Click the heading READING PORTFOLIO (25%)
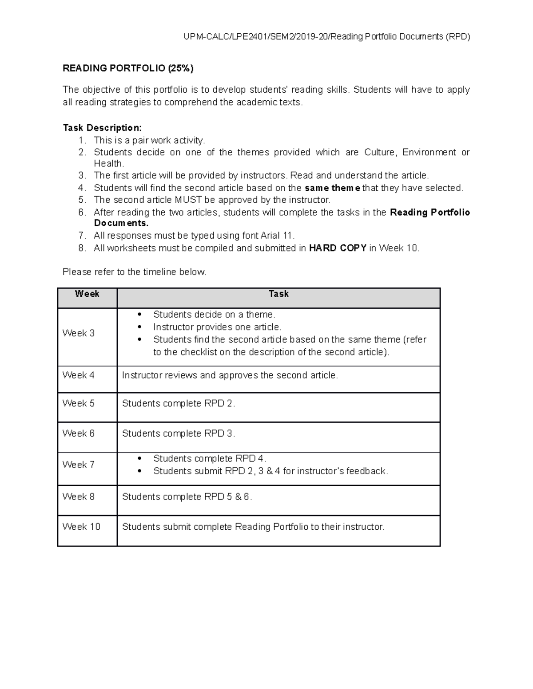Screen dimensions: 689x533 pos(128,68)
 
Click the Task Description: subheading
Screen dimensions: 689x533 pos(102,128)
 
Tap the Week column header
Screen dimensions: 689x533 pos(87,294)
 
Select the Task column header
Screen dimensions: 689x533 pos(278,294)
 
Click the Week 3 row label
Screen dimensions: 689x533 pos(79,333)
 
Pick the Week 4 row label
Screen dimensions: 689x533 pos(79,375)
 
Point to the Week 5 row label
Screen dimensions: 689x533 pos(79,403)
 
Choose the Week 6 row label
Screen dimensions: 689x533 pos(79,433)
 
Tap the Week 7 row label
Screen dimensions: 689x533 pos(79,465)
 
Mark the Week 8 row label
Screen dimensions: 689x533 pos(79,496)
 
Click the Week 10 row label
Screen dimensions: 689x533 pos(81,527)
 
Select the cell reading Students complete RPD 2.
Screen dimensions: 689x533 pos(179,403)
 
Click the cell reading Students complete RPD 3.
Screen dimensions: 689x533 pos(179,433)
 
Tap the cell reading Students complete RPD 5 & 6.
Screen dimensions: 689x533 pos(187,497)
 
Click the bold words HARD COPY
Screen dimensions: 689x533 pos(338,248)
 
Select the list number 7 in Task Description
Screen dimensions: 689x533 pos(81,236)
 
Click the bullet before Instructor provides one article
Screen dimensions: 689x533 pos(140,327)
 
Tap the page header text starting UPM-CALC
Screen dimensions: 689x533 pos(326,37)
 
